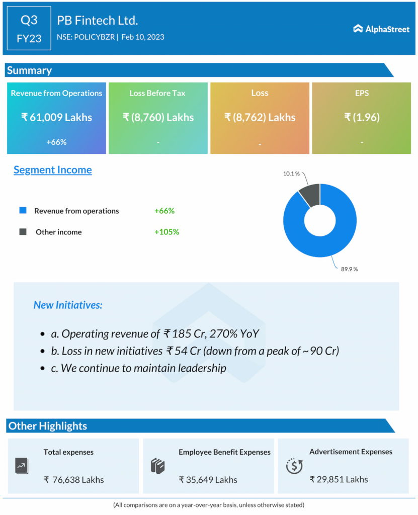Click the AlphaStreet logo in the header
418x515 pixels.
(381, 29)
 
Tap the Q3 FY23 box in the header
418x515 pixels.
(29, 29)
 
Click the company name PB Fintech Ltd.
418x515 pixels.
(97, 21)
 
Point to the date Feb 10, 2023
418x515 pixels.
(143, 37)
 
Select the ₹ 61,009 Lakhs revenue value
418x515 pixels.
(56, 117)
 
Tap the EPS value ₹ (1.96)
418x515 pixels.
(361, 117)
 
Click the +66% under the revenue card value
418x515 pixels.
(56, 142)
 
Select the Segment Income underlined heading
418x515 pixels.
(53, 169)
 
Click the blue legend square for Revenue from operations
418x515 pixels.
(23, 210)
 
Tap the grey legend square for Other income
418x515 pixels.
(23, 232)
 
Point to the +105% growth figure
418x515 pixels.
(166, 232)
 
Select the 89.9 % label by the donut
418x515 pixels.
(349, 269)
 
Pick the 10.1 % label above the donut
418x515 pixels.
(290, 174)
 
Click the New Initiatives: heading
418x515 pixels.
(68, 305)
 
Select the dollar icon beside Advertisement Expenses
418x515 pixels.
(294, 466)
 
